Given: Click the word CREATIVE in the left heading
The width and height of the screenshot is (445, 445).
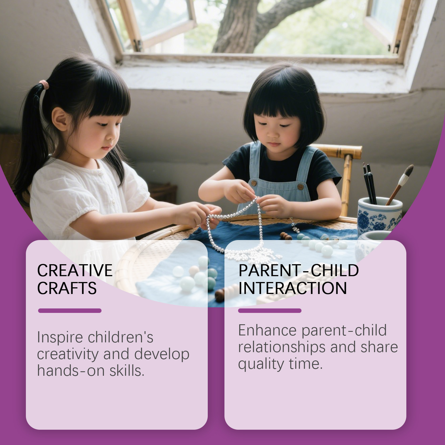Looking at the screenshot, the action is pos(75,270).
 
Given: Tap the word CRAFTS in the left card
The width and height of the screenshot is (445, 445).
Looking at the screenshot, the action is pos(67,288).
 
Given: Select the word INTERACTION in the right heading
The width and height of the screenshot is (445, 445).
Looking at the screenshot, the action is pos(293,288).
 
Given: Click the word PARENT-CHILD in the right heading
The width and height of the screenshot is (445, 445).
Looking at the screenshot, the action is pos(298,270).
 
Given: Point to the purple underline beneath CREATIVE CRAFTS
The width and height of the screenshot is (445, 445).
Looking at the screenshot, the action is pos(70,311).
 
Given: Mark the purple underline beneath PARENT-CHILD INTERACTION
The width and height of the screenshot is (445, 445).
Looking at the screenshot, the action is pos(270,311).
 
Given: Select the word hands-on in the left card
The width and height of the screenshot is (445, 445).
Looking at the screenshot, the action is pos(71,371).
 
